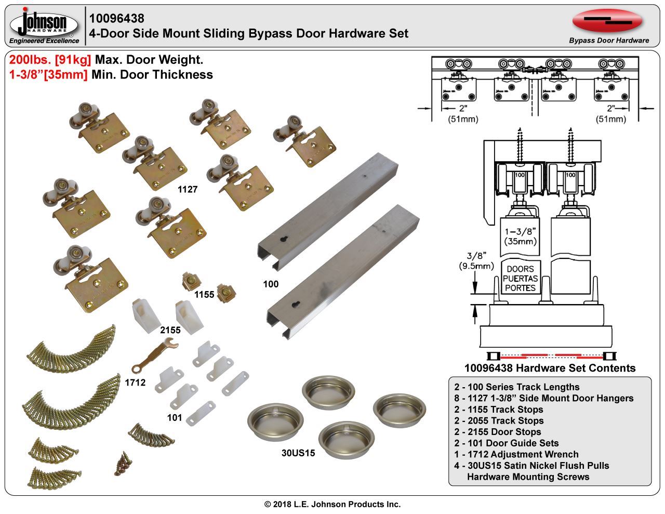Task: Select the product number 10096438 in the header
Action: (117, 19)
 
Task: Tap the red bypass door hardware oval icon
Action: (607, 21)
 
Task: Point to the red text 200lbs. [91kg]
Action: (50, 60)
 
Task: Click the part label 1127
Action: (188, 190)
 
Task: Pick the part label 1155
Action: (204, 295)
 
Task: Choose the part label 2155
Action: (170, 330)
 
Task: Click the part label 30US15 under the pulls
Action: (298, 453)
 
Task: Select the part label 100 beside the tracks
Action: (271, 284)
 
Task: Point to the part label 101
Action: (175, 417)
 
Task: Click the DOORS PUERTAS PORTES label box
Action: (520, 278)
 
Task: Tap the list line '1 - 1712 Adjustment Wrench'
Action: (516, 454)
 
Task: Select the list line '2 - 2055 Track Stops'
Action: (499, 420)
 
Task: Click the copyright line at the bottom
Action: (332, 504)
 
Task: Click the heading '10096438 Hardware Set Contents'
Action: (550, 368)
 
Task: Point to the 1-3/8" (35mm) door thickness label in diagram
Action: (520, 236)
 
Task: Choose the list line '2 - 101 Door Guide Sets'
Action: (506, 443)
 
